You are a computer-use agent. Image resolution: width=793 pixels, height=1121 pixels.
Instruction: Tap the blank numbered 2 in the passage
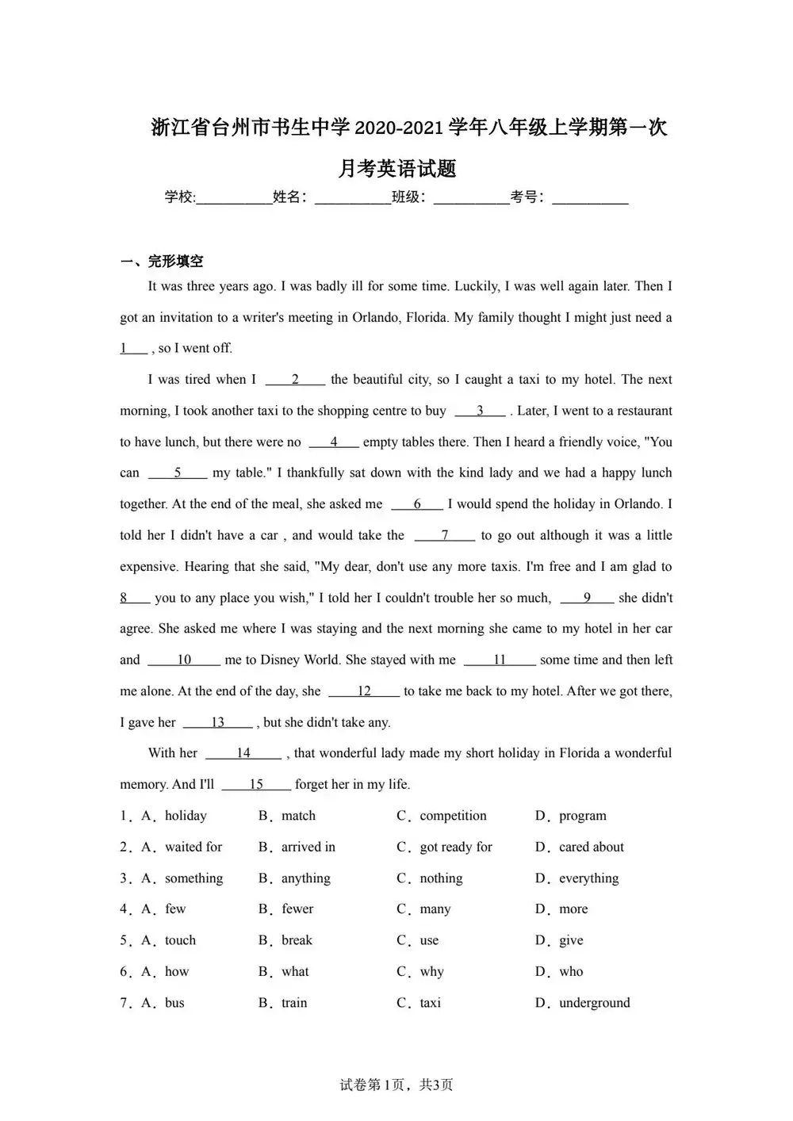(x=295, y=380)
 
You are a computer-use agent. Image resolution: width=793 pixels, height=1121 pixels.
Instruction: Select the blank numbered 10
(x=184, y=660)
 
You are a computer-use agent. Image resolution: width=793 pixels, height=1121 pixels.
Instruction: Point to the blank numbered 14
(x=243, y=753)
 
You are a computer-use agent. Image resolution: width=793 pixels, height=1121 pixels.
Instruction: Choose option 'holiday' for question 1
(x=186, y=816)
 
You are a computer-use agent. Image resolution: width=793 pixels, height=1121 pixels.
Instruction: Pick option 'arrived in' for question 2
(x=308, y=847)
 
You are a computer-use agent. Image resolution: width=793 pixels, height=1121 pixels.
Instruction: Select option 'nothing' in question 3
(x=441, y=878)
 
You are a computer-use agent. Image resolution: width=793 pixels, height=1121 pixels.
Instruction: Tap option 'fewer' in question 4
(x=297, y=909)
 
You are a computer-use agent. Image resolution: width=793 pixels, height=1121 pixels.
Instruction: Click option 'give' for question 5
(x=571, y=940)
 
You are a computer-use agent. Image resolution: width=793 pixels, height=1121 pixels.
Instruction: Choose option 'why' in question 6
(x=431, y=972)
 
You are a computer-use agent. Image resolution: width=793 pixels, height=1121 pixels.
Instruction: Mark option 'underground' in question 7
(x=594, y=1003)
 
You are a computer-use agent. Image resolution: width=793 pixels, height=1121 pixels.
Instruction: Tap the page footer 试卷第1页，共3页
(x=396, y=1085)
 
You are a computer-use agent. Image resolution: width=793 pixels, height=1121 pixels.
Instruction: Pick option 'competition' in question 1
(x=453, y=816)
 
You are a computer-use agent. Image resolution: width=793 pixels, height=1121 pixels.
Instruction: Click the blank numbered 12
(x=364, y=691)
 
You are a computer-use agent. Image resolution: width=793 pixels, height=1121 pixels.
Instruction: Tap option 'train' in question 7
(x=293, y=1003)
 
